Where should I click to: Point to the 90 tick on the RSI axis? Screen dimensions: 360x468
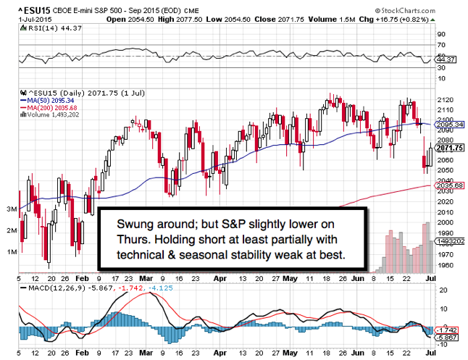point(441,34)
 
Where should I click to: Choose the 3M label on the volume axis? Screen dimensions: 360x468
point(12,209)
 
